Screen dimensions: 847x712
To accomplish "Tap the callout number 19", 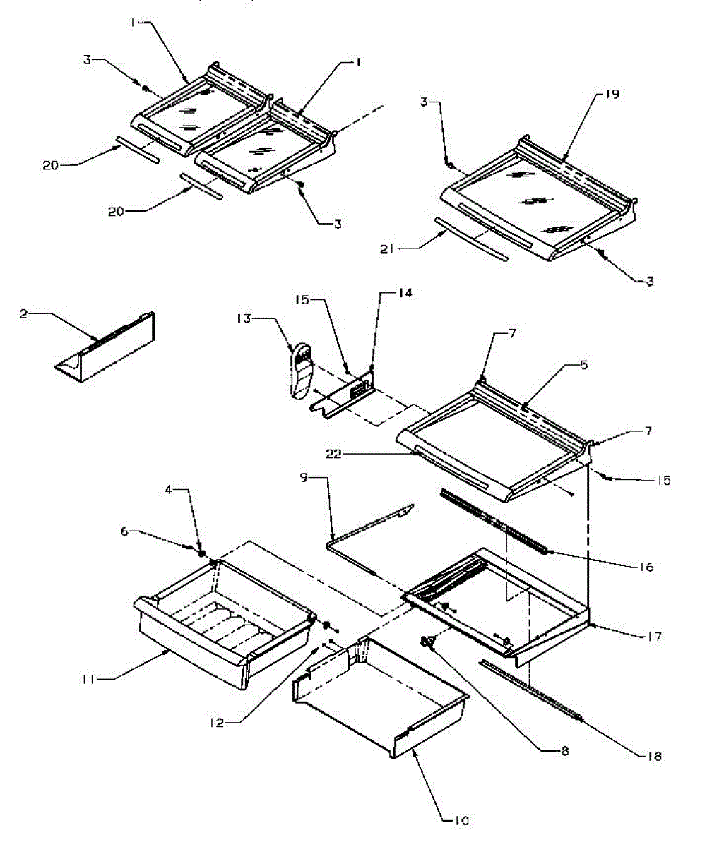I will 612,95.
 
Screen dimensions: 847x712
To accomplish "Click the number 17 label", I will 653,637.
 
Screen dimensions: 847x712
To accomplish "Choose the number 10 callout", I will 461,820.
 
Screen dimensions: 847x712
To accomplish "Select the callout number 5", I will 583,366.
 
